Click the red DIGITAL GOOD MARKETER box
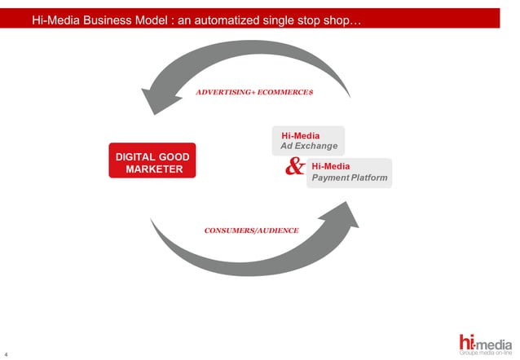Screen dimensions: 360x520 [x=152, y=161]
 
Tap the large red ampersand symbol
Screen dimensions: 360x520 [x=296, y=167]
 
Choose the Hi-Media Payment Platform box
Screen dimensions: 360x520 [x=349, y=172]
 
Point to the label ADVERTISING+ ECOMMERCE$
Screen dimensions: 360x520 [x=254, y=93]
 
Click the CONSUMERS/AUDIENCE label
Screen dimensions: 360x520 [x=251, y=230]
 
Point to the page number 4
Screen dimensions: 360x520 [x=7, y=353]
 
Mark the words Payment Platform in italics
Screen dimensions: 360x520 [x=350, y=178]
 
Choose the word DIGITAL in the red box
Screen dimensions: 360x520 [x=134, y=156]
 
